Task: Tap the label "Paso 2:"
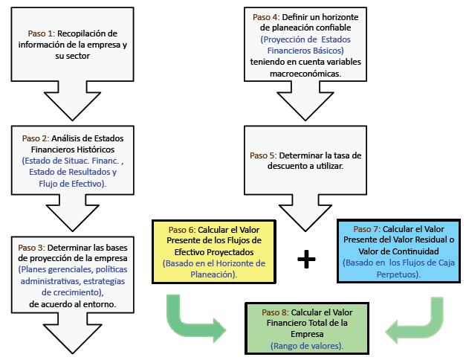[x=36, y=138]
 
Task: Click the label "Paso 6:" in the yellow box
[x=183, y=229]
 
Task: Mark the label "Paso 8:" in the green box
[x=276, y=311]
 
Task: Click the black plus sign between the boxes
[x=306, y=259]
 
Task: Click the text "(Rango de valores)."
[x=306, y=345]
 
